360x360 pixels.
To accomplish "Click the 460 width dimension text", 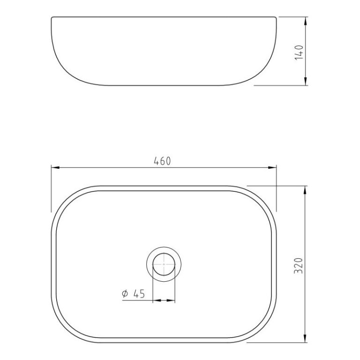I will tap(162, 161).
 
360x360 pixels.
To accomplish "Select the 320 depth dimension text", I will tap(300, 265).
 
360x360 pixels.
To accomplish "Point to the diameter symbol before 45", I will tap(125, 294).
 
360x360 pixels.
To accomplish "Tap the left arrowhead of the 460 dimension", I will tap(54, 167).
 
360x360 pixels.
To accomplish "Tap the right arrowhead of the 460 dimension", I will tap(272, 167).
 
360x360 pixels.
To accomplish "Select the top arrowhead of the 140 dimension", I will tap(306, 21).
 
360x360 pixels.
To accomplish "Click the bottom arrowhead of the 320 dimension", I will tap(306, 339).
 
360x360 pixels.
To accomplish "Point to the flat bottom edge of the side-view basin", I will tap(164, 85).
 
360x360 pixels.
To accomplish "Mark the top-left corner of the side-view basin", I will tap(51, 18).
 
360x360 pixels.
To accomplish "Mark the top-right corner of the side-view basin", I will tap(276, 18).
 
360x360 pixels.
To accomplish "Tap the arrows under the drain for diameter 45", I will tap(164, 300).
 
